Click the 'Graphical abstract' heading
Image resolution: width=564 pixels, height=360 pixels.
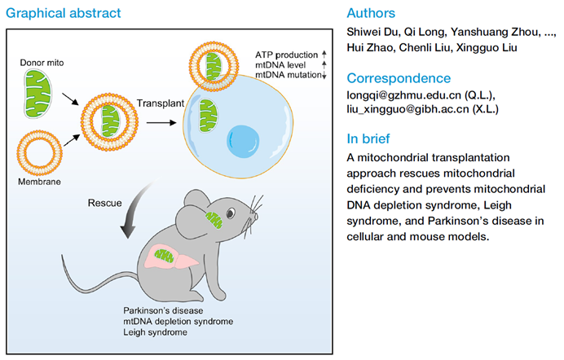[64, 13]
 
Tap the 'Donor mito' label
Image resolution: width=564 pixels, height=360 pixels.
[42, 63]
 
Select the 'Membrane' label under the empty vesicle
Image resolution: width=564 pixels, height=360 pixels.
[39, 182]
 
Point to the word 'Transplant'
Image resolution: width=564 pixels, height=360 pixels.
[161, 103]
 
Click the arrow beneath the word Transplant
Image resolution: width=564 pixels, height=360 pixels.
[161, 123]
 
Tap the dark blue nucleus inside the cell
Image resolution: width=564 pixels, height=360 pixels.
[243, 142]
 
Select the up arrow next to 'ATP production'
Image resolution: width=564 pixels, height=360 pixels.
[324, 55]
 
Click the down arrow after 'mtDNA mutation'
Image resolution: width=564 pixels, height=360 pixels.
[324, 75]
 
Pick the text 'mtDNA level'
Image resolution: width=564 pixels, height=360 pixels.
[280, 65]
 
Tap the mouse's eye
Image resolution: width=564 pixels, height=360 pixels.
[230, 213]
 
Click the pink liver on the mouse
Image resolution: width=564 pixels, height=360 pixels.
[171, 257]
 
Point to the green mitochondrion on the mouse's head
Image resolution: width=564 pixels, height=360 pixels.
[214, 220]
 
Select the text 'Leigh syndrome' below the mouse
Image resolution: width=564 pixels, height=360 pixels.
[155, 332]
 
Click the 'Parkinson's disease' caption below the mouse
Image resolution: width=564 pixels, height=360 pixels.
[163, 310]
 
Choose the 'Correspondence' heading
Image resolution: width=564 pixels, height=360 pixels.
[399, 78]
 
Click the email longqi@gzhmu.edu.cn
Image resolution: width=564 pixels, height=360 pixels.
[403, 95]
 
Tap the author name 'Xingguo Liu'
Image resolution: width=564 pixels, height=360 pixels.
[487, 48]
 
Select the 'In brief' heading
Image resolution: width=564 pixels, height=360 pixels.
[368, 138]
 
